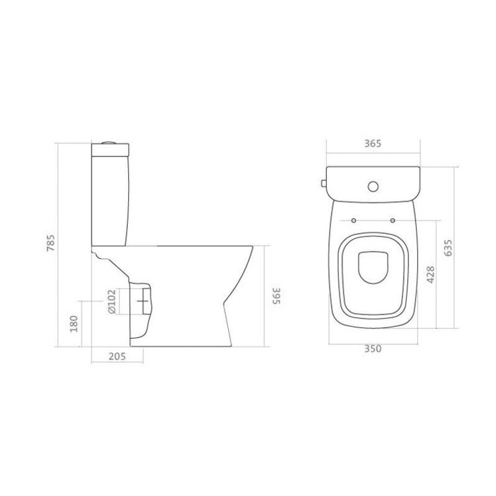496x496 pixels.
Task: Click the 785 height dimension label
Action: click(x=51, y=243)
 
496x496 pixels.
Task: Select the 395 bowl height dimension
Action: click(x=277, y=296)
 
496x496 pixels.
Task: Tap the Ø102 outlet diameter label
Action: click(x=112, y=302)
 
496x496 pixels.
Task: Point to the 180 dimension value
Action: click(x=74, y=324)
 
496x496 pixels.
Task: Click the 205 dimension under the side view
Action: click(x=117, y=356)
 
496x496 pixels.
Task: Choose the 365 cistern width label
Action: click(x=373, y=143)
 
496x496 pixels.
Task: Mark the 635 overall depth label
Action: click(x=448, y=247)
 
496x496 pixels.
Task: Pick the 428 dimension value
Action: click(x=431, y=275)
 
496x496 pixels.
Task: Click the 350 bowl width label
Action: click(x=373, y=349)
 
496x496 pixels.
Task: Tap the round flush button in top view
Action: click(x=373, y=186)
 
